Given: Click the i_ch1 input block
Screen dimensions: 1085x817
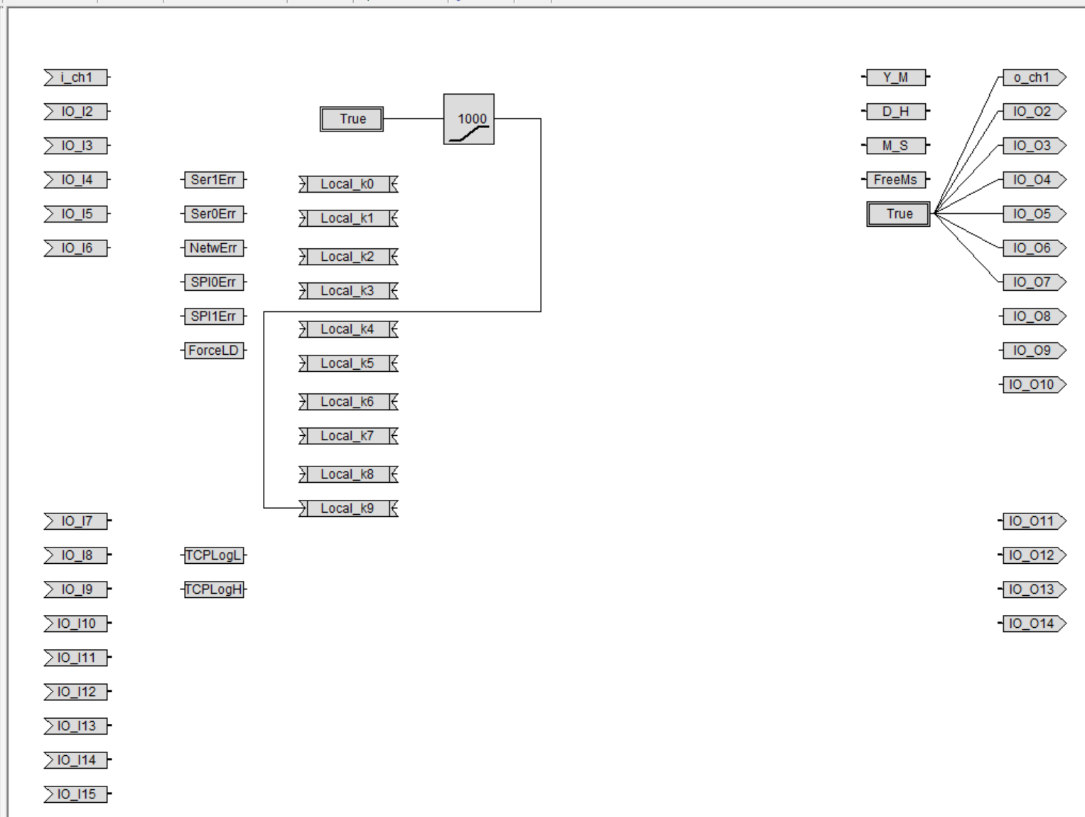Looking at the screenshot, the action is coord(76,78).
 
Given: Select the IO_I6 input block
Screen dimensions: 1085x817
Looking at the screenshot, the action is coord(76,248).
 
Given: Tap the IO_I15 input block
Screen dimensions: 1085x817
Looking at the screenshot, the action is coord(76,794).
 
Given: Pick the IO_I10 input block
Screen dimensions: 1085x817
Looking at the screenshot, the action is coord(76,624).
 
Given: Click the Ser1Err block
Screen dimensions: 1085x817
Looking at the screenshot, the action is coord(214,180).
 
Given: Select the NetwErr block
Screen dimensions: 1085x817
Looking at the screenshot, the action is coord(214,248).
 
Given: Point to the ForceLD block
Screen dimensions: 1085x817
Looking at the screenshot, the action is coord(214,351).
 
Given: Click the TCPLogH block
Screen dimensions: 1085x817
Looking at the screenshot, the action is coord(214,589).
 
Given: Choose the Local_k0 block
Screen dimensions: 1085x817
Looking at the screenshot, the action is coord(348,184).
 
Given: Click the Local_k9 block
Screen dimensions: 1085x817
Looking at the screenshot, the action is coord(348,508).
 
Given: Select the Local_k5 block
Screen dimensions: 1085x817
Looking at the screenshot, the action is coord(348,363).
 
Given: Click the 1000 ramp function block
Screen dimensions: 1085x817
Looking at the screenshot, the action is coord(468,119).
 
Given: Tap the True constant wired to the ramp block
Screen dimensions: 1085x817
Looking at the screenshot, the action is coord(352,119).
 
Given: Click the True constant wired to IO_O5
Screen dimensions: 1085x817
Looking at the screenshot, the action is coord(898,214).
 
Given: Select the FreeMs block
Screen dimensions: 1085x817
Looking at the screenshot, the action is coord(896,180).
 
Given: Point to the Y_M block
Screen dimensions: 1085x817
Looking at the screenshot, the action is coord(896,78).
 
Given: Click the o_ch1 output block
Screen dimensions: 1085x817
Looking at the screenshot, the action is coord(1032,78).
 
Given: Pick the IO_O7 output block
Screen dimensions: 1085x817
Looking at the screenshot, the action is coord(1032,282).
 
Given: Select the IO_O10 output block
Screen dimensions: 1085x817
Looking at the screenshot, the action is coord(1032,385).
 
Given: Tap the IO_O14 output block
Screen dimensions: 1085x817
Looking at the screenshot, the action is coord(1032,624).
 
